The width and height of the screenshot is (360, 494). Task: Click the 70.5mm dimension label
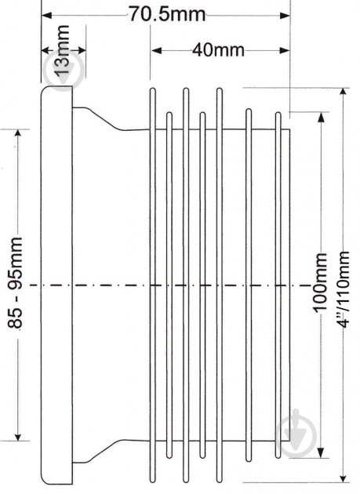(x=167, y=14)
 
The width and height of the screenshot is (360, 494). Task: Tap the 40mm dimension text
(x=218, y=50)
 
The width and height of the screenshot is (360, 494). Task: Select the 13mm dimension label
(x=62, y=49)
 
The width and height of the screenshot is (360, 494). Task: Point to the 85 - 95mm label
(x=15, y=283)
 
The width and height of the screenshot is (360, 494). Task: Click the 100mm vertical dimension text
(x=320, y=282)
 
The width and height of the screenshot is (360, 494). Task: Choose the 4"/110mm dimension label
(x=343, y=289)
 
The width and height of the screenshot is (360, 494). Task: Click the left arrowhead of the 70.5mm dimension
(x=46, y=15)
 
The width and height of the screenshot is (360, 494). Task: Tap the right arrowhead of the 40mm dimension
(x=285, y=50)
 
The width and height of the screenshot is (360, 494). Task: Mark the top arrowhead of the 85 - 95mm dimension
(x=18, y=134)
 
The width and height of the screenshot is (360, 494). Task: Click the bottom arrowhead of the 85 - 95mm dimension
(x=18, y=436)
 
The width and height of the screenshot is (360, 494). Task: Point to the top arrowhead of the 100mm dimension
(x=321, y=117)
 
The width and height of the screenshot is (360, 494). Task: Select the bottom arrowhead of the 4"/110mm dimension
(x=344, y=477)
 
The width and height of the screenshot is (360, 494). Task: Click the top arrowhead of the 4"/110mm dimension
(x=344, y=93)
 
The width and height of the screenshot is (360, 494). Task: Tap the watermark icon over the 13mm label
(x=64, y=70)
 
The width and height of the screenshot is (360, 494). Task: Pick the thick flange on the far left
(x=56, y=285)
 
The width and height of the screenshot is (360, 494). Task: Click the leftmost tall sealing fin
(x=153, y=285)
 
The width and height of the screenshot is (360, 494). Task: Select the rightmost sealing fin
(x=278, y=285)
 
